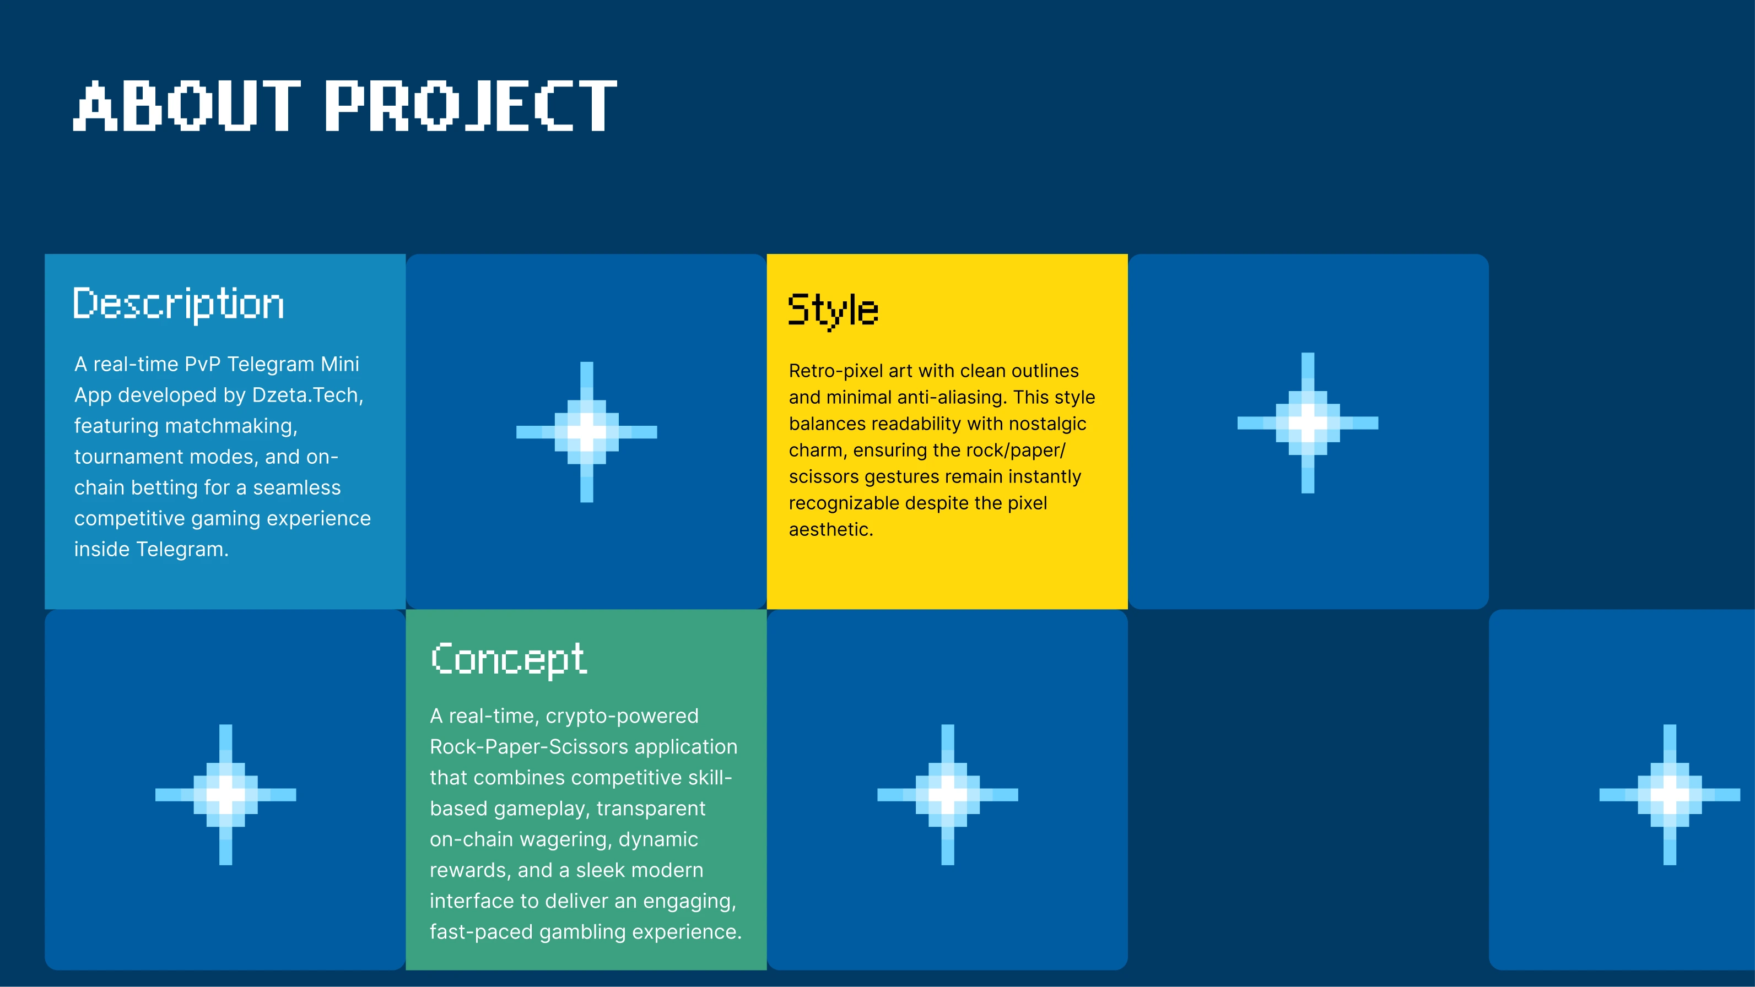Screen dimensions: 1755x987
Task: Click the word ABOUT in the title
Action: click(187, 106)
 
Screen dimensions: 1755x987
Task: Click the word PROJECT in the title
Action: click(471, 106)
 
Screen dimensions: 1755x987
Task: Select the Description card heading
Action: click(179, 304)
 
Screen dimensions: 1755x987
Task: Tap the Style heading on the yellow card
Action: click(833, 311)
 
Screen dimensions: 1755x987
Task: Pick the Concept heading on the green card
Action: click(508, 659)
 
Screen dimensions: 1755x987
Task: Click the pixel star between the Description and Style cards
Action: click(587, 432)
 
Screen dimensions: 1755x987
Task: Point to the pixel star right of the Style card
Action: click(1308, 423)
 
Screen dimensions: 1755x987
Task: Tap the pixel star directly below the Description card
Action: click(225, 794)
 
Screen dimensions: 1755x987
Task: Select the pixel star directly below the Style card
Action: click(948, 794)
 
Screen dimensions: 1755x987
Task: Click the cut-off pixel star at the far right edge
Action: click(1670, 794)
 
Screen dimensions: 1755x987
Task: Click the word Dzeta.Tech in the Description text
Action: click(307, 395)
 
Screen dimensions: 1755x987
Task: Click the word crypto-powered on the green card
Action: click(622, 717)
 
